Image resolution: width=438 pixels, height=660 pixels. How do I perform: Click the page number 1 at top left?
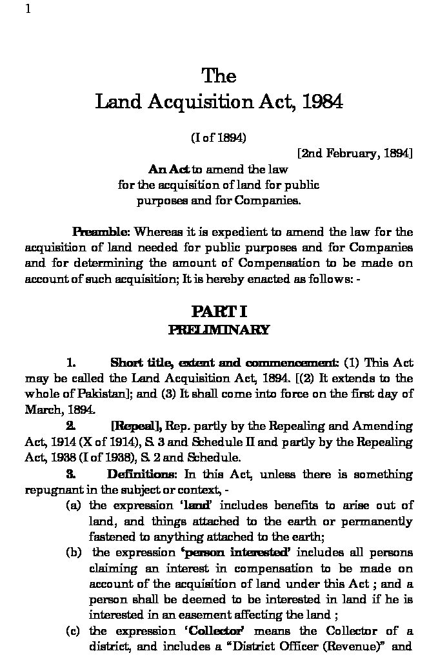point(28,9)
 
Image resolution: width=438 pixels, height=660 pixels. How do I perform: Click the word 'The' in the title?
point(219,76)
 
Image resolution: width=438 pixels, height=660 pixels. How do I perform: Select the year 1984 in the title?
point(321,102)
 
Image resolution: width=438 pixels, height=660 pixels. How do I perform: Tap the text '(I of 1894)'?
point(219,137)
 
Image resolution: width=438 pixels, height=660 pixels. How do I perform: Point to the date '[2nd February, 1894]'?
point(354,153)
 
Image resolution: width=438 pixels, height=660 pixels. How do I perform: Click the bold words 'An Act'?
point(169,170)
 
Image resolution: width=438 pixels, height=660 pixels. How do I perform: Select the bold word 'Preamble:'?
point(101,232)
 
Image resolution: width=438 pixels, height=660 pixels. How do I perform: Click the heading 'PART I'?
point(219,313)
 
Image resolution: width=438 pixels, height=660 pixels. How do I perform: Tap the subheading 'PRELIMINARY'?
point(219,330)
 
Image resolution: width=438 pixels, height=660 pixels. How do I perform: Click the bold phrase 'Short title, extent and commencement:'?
point(224,363)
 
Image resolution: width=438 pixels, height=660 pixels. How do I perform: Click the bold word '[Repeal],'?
point(137,426)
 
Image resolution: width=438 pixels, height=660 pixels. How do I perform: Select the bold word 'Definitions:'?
point(142,474)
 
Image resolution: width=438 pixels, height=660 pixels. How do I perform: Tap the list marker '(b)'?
point(73,553)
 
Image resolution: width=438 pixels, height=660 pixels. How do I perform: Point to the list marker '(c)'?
point(73,631)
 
